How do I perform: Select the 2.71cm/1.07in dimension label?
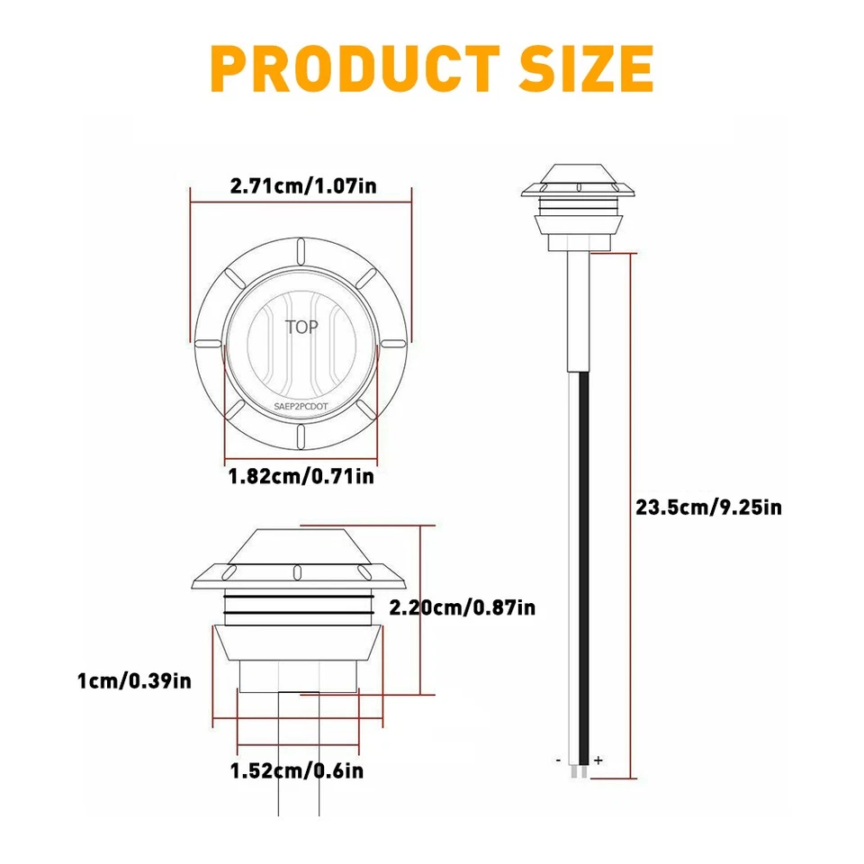click(302, 187)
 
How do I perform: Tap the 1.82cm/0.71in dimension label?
click(301, 475)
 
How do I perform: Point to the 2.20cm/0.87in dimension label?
click(462, 608)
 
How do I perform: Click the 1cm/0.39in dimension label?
click(135, 679)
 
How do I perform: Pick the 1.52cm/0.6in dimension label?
click(298, 770)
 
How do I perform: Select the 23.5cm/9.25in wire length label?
click(708, 508)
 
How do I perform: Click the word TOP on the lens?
click(301, 327)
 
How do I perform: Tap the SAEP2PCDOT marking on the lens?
click(301, 407)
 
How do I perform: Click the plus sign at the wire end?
click(598, 760)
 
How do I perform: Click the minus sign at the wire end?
click(559, 760)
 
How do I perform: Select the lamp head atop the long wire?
click(579, 202)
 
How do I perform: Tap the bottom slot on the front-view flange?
click(301, 436)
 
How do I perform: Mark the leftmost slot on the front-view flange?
click(207, 344)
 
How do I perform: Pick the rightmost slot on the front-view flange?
click(392, 343)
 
